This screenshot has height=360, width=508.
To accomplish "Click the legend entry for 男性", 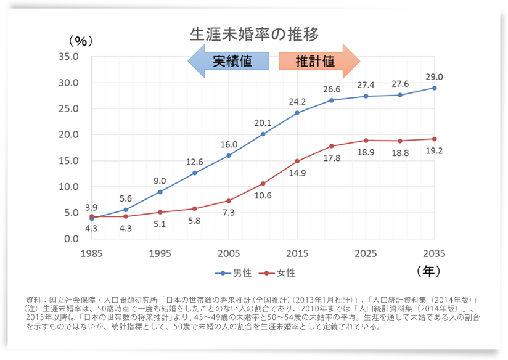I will point(233,272).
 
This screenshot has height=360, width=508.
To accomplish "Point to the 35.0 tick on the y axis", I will point(68,57).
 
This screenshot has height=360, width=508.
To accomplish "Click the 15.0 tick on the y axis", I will point(68,161).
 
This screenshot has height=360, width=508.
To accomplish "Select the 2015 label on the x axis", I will point(297,253).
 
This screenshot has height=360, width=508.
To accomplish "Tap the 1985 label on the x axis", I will point(91,253).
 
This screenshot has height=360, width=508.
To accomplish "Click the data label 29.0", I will point(434,77).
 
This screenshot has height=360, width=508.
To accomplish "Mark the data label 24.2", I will point(297,102).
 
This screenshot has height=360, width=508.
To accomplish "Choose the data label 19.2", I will point(434,150).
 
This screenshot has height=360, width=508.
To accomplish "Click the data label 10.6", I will point(263,195).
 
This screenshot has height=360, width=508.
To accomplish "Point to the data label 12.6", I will point(194,162).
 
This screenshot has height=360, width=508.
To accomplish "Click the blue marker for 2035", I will point(434,88).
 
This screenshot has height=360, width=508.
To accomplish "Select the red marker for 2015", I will point(297,161).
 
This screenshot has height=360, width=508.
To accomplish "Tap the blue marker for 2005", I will point(229,155).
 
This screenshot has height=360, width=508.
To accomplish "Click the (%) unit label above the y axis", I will point(80,41).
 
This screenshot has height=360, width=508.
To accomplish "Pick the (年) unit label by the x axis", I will point(428,271).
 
